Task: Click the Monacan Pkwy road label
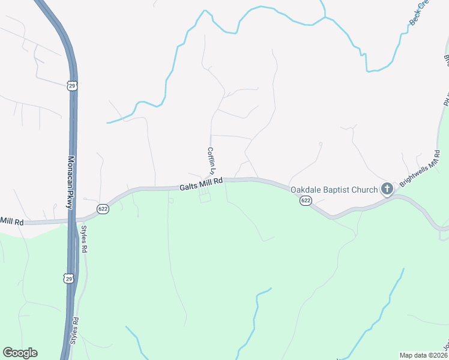click(x=70, y=182)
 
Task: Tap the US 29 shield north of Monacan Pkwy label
click(x=72, y=86)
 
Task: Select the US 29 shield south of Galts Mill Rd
click(x=70, y=278)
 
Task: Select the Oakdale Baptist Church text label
click(x=334, y=190)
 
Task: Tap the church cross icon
click(x=387, y=190)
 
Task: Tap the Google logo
click(x=20, y=353)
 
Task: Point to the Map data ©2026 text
click(x=424, y=355)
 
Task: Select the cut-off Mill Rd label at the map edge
click(x=11, y=222)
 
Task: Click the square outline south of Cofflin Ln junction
click(x=205, y=198)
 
